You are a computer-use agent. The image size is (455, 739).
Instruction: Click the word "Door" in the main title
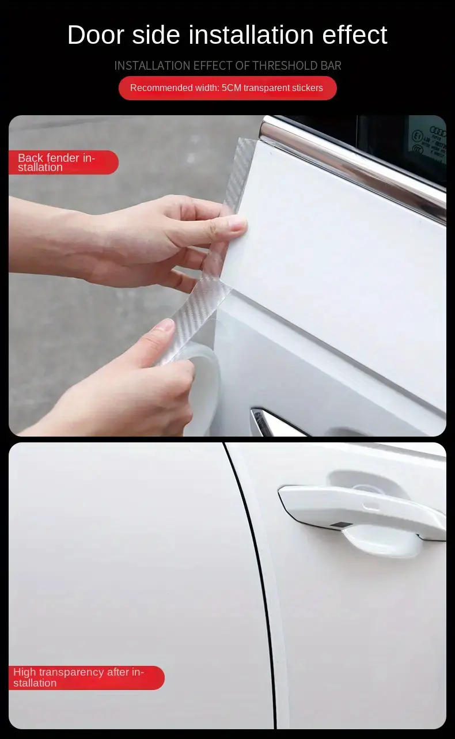[x=96, y=35]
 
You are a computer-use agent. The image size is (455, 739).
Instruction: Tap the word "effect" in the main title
[x=354, y=35]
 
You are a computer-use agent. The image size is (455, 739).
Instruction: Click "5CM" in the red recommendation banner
[x=232, y=88]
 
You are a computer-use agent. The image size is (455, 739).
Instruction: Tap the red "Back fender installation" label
[x=63, y=162]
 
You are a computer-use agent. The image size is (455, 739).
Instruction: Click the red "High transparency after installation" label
[x=86, y=677]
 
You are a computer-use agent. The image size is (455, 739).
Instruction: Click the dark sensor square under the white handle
[x=336, y=525]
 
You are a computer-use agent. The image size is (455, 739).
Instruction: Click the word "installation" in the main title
[x=251, y=35]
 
